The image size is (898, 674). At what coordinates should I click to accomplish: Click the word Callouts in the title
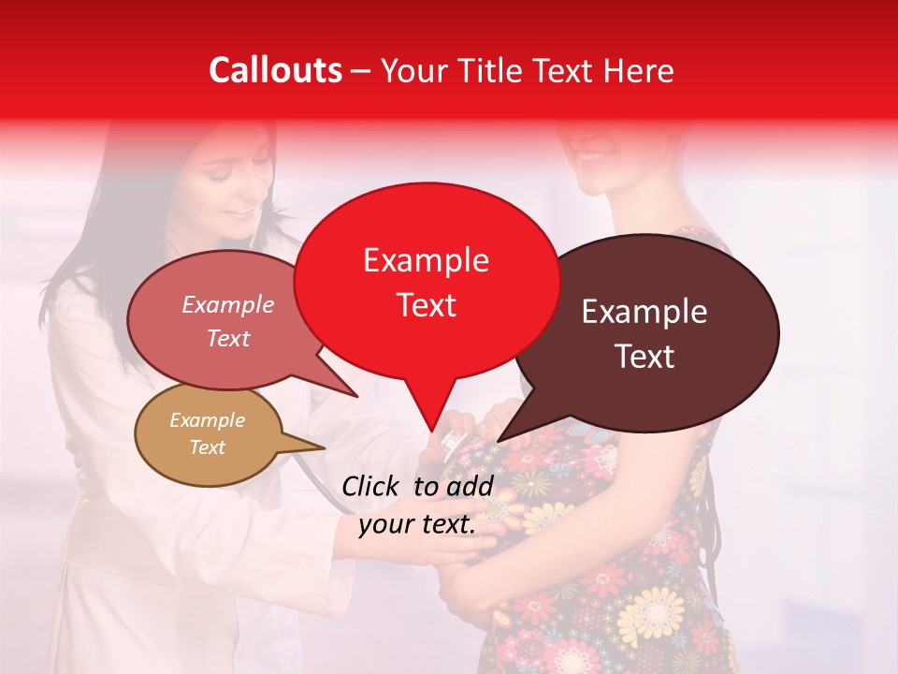(275, 70)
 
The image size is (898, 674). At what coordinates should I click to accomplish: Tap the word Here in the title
(640, 70)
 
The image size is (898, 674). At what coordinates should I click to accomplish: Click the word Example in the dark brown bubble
(644, 312)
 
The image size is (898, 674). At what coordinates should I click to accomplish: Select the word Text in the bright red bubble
(427, 305)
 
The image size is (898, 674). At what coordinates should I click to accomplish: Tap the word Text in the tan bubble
(208, 447)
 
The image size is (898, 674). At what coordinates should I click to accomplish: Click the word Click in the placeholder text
(371, 486)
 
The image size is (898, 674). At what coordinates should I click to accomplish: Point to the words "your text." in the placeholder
(417, 524)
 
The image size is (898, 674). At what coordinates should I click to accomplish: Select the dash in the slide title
(362, 70)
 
